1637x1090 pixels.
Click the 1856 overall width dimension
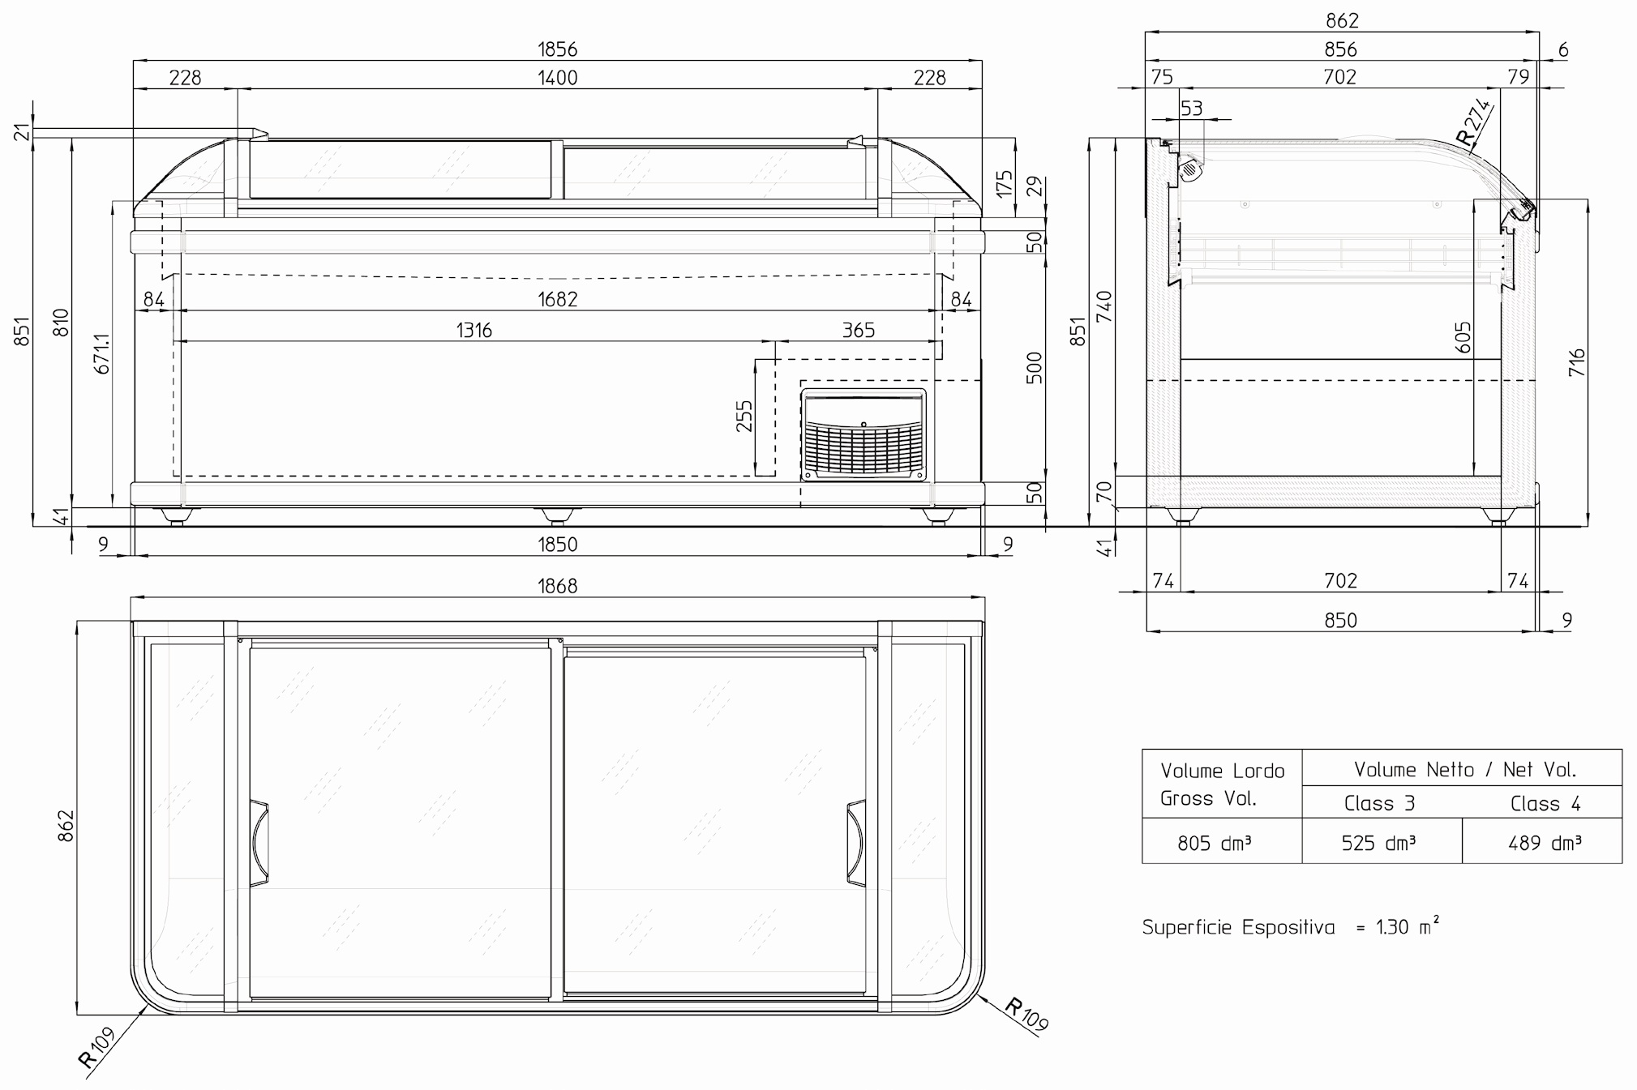coord(557,49)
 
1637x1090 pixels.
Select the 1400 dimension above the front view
coord(557,78)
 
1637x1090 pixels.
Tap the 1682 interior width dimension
coord(557,300)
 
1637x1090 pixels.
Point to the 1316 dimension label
coord(474,331)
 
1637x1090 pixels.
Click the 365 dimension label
coord(858,331)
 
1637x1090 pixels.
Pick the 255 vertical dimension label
coord(744,417)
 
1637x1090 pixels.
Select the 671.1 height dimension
coord(102,353)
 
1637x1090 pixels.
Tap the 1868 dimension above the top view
coord(557,586)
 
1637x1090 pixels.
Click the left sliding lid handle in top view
coord(259,843)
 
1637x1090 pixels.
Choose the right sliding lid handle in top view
coord(856,843)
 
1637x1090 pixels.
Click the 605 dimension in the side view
coord(1463,337)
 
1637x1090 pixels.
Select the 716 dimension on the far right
coord(1576,361)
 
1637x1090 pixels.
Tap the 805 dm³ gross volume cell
coord(1214,844)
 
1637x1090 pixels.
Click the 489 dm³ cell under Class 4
coord(1544,844)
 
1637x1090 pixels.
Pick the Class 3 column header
coord(1379,804)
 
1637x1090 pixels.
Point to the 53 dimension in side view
coord(1191,109)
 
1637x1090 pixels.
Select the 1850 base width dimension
coord(557,545)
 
